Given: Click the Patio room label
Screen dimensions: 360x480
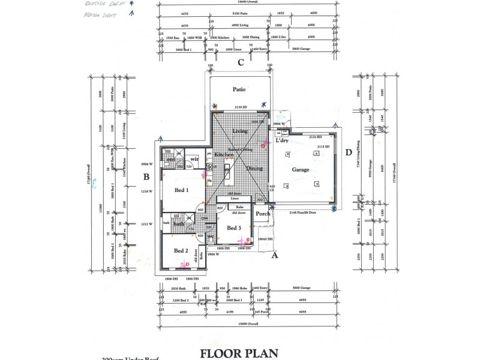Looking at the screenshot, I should (x=239, y=89).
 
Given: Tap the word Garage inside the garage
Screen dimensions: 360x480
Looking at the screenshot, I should (x=301, y=170).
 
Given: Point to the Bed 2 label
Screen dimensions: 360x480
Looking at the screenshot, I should (x=181, y=250).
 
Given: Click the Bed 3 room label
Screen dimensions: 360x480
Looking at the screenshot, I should (x=234, y=228).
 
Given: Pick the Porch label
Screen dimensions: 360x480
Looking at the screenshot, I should (x=263, y=214).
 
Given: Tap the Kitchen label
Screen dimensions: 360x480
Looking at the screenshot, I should (x=224, y=155).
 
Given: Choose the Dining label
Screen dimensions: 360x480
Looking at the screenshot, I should (x=254, y=169).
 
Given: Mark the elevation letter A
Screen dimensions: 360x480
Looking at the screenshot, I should (x=275, y=255).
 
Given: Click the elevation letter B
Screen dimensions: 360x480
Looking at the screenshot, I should (x=146, y=176).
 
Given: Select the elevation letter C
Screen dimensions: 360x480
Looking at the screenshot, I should (x=239, y=62).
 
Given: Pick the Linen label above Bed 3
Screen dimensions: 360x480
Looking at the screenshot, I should (x=235, y=198).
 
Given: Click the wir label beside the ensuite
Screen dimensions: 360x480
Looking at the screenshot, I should (x=194, y=158).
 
